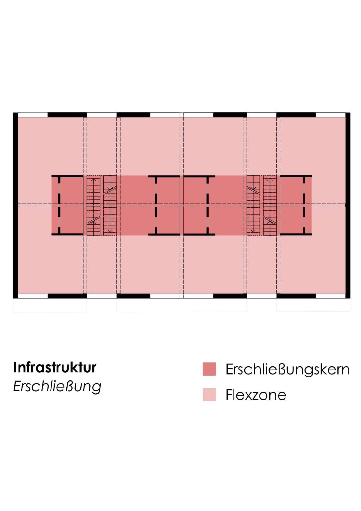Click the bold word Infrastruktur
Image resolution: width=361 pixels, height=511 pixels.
click(55, 367)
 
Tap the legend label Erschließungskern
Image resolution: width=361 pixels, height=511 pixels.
click(288, 369)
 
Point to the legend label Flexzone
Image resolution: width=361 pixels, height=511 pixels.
click(256, 395)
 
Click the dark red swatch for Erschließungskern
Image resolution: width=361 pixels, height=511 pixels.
click(209, 369)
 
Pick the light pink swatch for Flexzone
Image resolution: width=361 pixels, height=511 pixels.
click(209, 395)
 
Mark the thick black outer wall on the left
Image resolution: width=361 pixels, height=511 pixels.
click(15, 206)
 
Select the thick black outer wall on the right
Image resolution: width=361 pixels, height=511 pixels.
click(348, 206)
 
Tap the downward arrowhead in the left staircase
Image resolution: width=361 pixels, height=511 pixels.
click(110, 231)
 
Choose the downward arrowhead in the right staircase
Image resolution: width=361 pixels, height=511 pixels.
click(253, 231)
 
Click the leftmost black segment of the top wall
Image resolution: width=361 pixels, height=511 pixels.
click(67, 115)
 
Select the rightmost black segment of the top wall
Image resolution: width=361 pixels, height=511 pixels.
click(296, 115)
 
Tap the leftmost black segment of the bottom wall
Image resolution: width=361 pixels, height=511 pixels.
click(67, 296)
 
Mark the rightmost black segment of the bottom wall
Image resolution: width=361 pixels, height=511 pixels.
click(296, 296)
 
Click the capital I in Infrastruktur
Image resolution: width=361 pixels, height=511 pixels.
click(15, 368)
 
